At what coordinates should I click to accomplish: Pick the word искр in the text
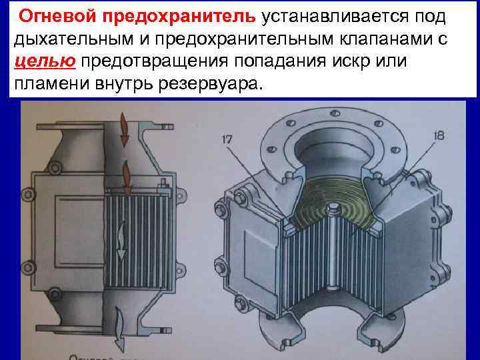pyautogui.click(x=363, y=62)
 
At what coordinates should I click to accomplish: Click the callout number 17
pyautogui.click(x=227, y=139)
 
